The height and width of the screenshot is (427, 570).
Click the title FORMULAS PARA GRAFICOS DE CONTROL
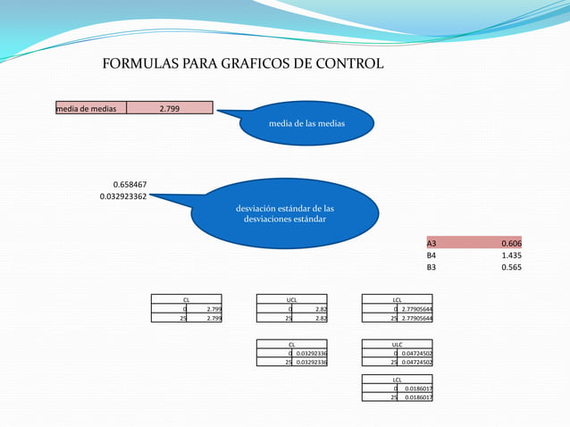[243, 64]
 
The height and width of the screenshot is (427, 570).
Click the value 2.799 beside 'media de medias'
[169, 109]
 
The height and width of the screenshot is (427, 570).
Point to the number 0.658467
[130, 185]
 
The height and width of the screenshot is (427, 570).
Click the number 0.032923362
[123, 196]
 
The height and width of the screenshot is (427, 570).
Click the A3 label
[432, 244]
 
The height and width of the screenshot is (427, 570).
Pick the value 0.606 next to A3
[511, 244]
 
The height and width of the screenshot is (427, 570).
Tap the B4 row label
[432, 255]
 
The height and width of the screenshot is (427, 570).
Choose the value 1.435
[511, 255]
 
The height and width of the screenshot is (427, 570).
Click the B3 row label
[432, 267]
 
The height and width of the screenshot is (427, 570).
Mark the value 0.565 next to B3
[511, 267]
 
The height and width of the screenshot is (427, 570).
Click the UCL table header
[292, 300]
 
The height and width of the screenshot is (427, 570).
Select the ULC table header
[398, 344]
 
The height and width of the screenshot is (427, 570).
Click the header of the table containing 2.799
[186, 300]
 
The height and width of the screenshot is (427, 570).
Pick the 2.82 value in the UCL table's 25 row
[321, 317]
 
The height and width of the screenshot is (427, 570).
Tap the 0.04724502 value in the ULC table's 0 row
[417, 353]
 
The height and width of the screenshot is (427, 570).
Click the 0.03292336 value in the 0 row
[311, 353]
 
